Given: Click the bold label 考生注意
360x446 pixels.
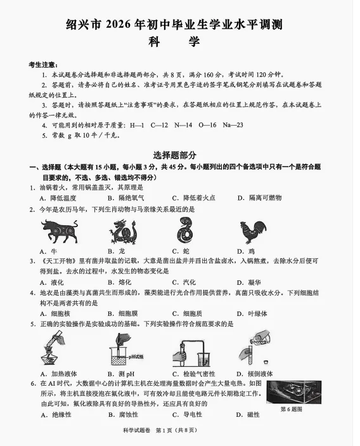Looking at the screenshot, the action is pyautogui.click(x=44, y=65).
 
